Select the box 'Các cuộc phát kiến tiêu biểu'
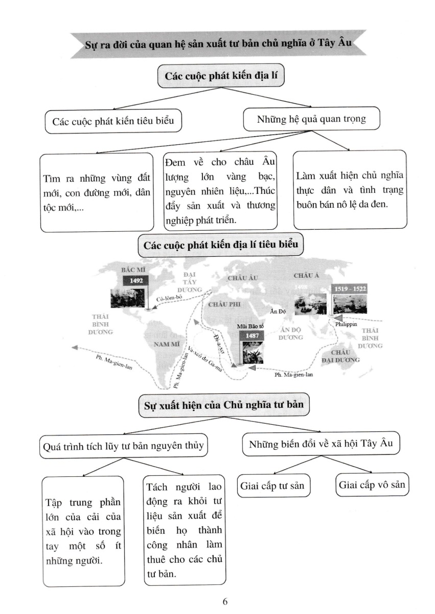click(113, 121)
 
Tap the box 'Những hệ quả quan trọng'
click(311, 119)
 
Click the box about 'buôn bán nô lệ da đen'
click(350, 189)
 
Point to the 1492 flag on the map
click(136, 280)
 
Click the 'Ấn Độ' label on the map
click(279, 311)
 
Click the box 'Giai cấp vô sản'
click(373, 485)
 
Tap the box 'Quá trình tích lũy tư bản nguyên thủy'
click(124, 446)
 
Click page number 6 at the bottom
click(225, 601)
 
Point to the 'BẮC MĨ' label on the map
click(132, 268)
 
